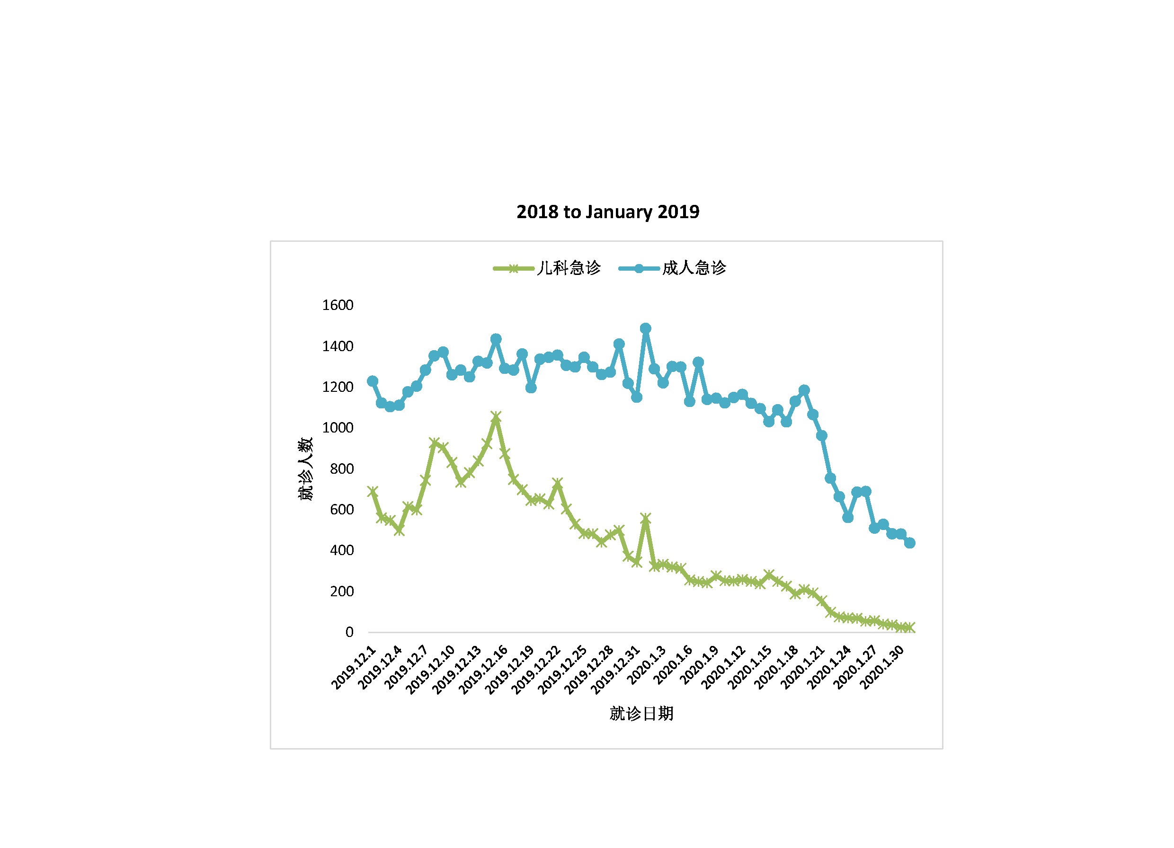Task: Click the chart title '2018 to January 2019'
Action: [x=608, y=212]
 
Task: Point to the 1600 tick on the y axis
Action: [x=338, y=305]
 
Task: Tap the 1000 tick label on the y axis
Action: [x=338, y=428]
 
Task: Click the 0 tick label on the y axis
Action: [x=349, y=632]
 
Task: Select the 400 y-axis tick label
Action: [x=342, y=550]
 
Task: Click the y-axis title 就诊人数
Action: [x=305, y=469]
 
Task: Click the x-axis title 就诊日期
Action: [x=641, y=714]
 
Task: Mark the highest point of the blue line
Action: [x=646, y=328]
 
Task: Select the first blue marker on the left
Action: [x=372, y=381]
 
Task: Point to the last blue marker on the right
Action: [x=910, y=543]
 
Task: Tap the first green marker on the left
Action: [x=372, y=492]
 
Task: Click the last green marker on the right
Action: [x=910, y=627]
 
